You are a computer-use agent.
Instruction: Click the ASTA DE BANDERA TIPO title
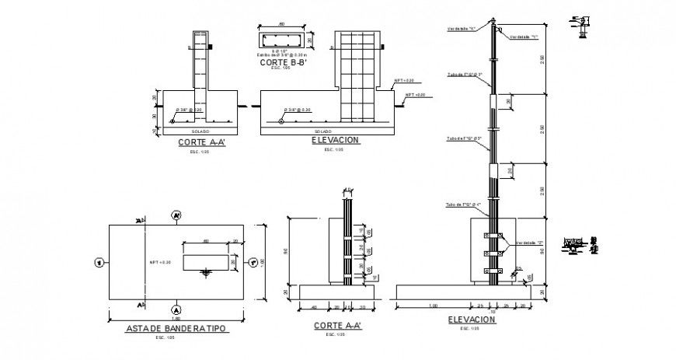point(176,329)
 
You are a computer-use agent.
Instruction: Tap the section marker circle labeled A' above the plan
point(177,215)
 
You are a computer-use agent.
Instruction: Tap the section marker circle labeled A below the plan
point(177,304)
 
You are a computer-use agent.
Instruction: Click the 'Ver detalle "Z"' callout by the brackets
point(528,242)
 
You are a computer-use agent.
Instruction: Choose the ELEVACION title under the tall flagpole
point(471,320)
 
